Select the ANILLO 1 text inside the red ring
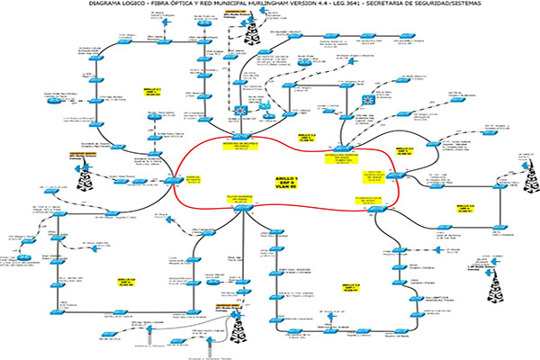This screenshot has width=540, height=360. (286, 179)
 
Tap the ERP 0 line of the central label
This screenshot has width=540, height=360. (286, 185)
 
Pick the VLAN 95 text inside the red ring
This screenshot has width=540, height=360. (286, 192)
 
